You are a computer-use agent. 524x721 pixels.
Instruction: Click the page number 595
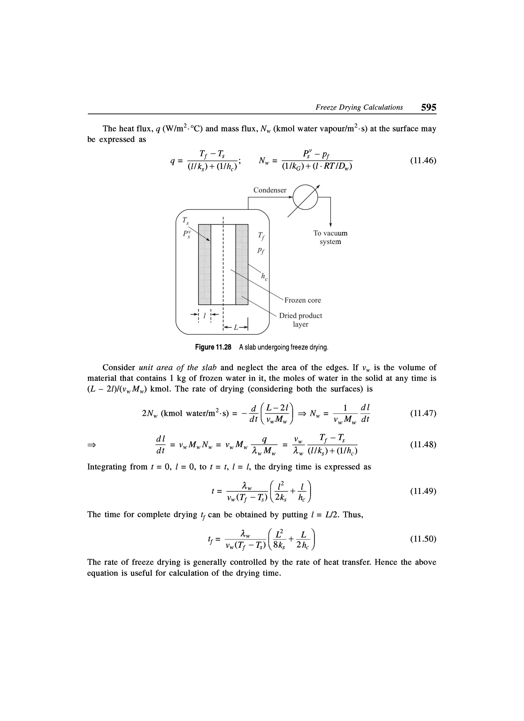428,107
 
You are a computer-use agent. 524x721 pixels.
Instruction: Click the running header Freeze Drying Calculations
359,107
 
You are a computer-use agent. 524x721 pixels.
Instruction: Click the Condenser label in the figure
270,190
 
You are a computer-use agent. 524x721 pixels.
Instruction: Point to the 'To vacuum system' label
331,237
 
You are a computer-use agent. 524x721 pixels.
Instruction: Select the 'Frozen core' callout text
302,300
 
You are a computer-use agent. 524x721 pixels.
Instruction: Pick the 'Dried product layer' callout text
301,320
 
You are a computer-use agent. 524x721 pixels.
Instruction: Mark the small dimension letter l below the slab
205,316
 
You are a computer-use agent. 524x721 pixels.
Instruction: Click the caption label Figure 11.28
213,347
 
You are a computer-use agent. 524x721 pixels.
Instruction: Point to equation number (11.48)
423,444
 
